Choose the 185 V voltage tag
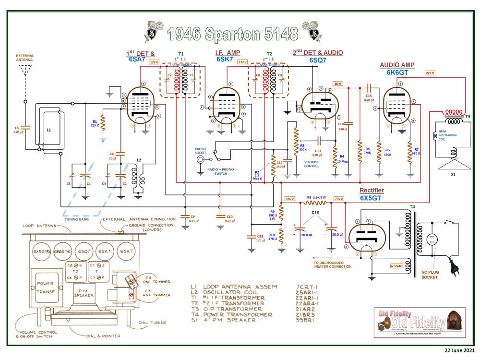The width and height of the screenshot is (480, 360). coord(289,198)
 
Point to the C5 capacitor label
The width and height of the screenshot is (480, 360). coord(17,128)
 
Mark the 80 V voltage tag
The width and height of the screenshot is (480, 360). coord(337,84)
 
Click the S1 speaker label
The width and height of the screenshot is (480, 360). coord(453,175)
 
